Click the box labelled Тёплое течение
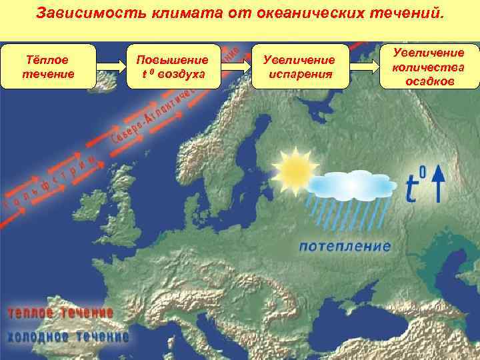click(x=49, y=67)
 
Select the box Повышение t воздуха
click(x=173, y=67)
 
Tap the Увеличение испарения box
click(x=300, y=67)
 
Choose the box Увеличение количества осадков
click(x=429, y=67)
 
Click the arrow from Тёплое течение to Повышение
click(x=111, y=67)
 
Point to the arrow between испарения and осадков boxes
click(x=364, y=67)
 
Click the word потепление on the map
click(x=345, y=246)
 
